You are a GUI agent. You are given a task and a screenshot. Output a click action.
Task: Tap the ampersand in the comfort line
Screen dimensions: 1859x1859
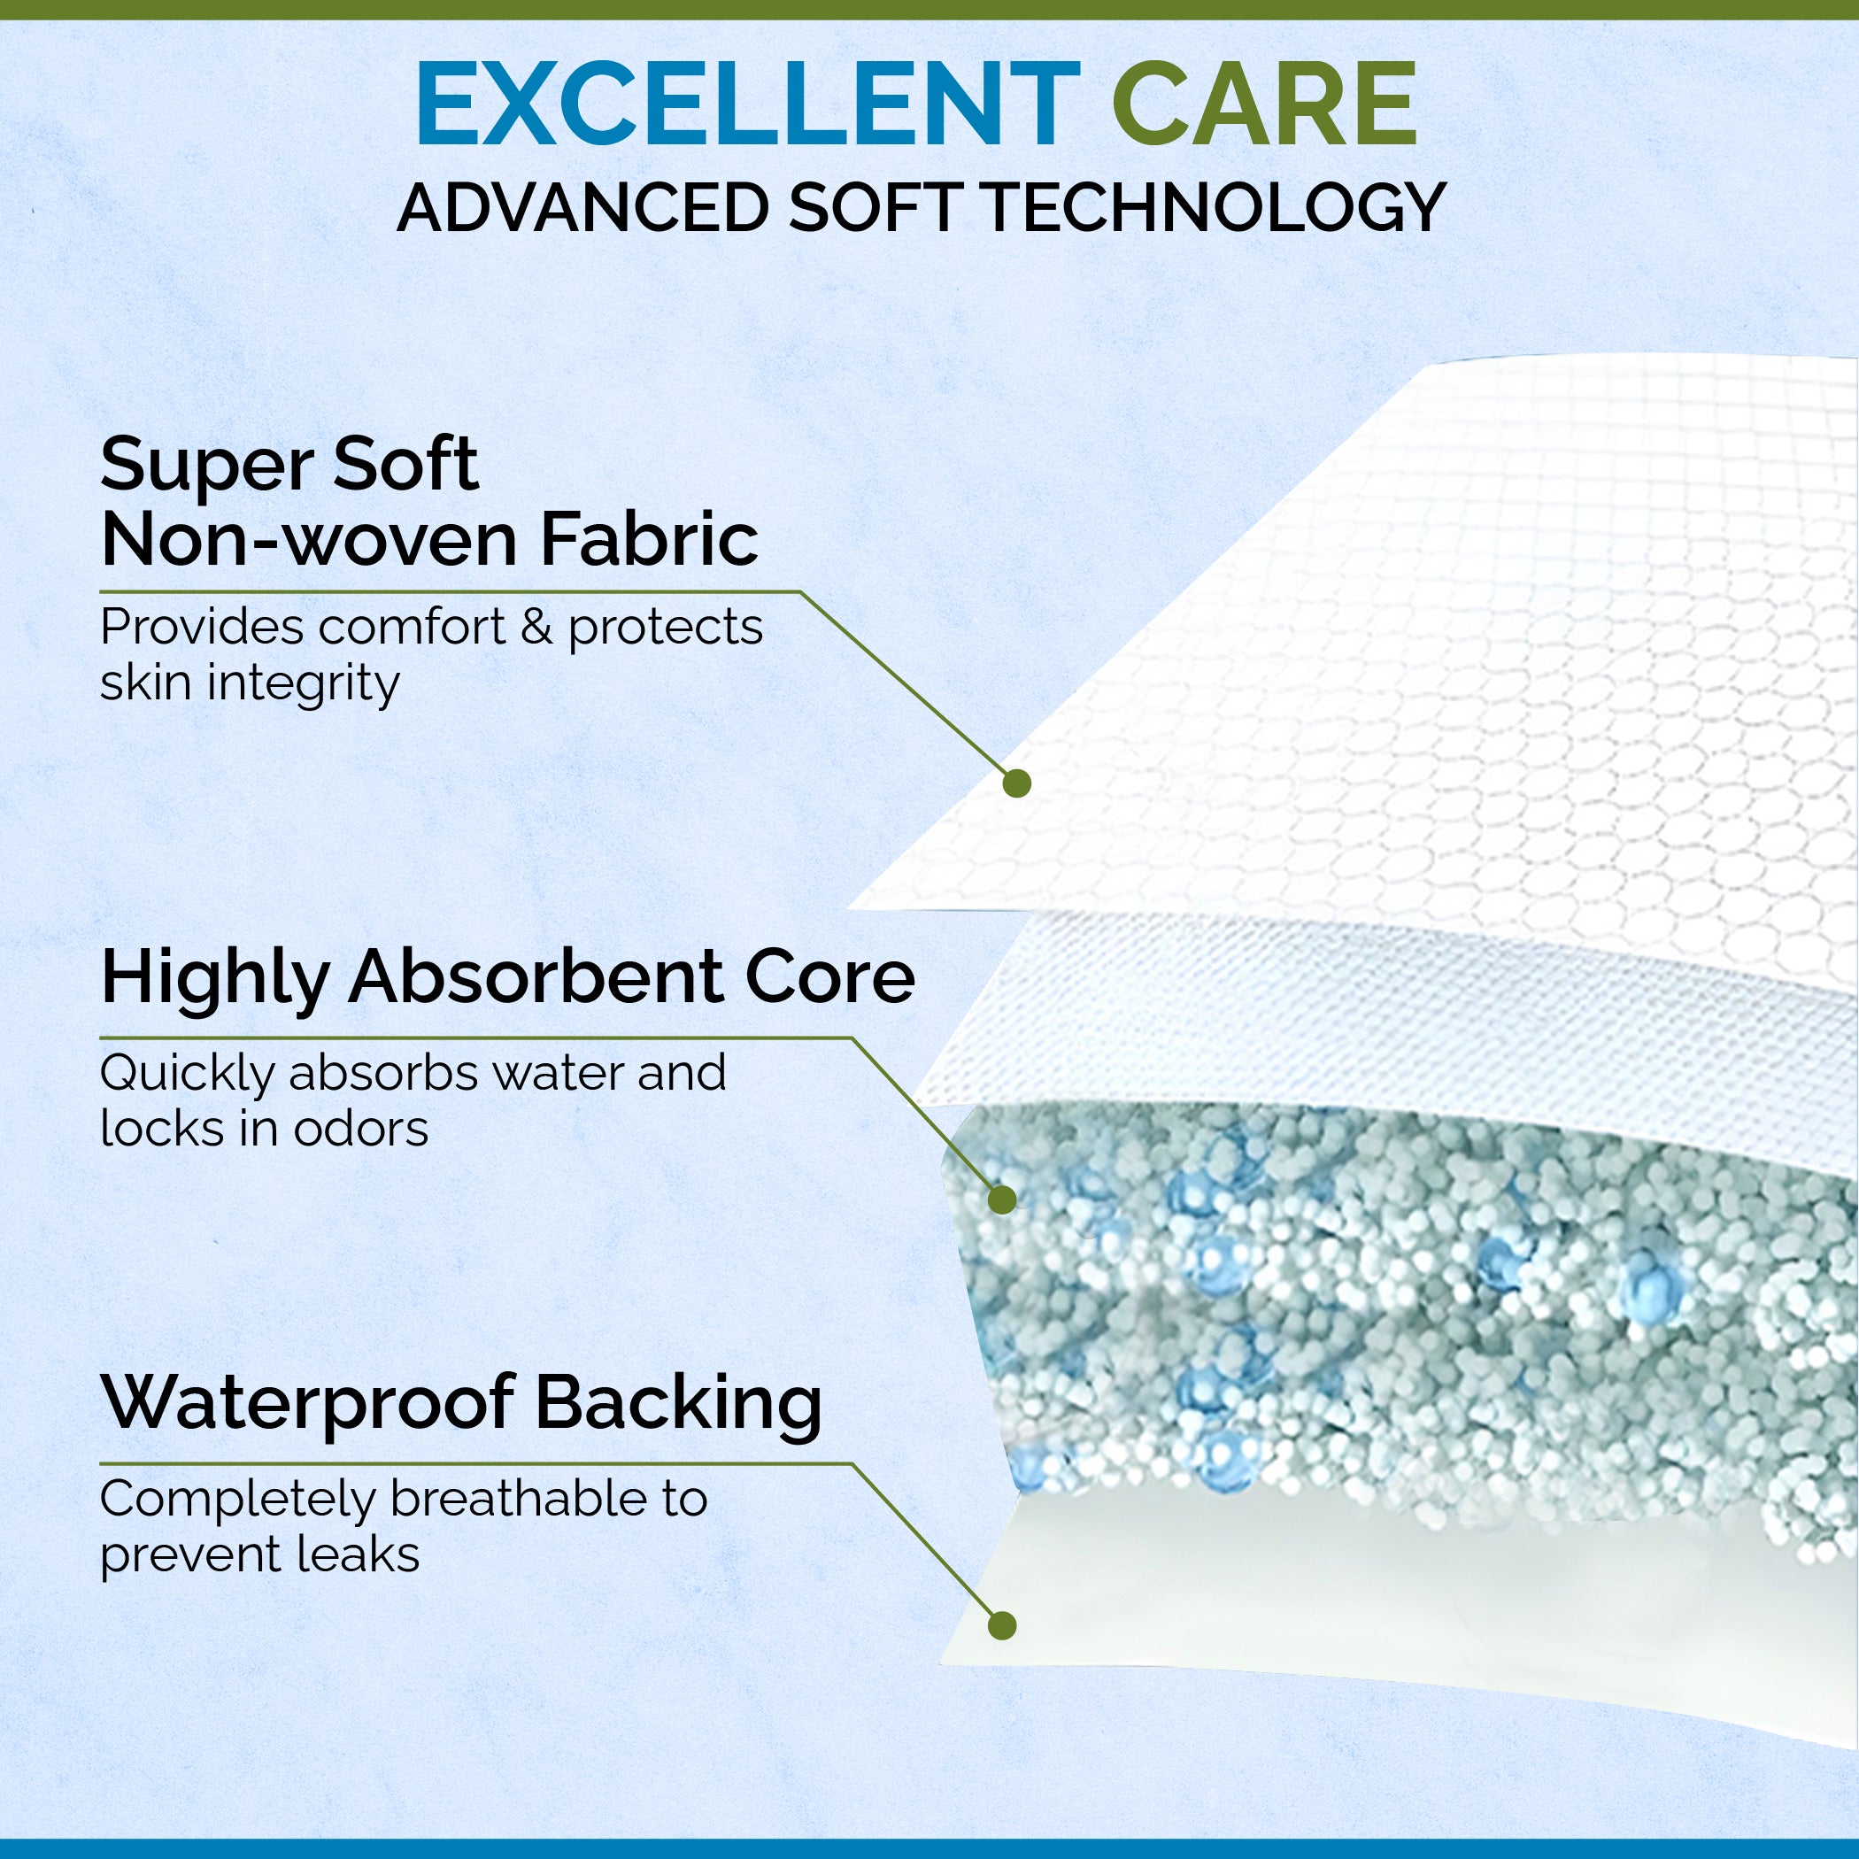pyautogui.click(x=536, y=628)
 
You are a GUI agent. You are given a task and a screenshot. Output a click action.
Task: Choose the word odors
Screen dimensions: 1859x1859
pyautogui.click(x=361, y=1130)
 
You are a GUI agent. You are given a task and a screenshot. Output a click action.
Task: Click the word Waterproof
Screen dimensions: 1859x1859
pyautogui.click(x=307, y=1403)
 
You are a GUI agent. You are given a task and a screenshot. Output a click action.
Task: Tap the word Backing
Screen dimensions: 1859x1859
pyautogui.click(x=678, y=1405)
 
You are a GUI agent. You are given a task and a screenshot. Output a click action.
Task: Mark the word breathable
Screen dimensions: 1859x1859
pyautogui.click(x=519, y=1498)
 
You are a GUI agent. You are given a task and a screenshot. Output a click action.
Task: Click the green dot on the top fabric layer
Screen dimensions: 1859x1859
pyautogui.click(x=1016, y=783)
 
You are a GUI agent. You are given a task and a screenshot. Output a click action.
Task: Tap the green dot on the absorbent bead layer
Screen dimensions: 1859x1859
pyautogui.click(x=1002, y=1199)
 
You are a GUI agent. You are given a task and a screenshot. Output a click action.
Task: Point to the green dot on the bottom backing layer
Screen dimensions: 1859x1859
pyautogui.click(x=1002, y=1626)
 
